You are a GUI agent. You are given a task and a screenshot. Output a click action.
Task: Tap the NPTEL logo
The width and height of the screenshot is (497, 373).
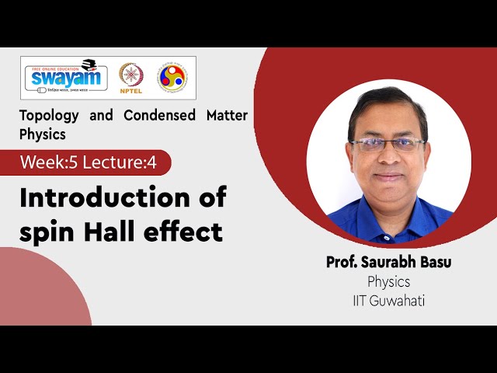click(x=130, y=77)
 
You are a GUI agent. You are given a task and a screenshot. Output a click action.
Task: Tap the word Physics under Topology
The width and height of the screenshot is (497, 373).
click(x=43, y=134)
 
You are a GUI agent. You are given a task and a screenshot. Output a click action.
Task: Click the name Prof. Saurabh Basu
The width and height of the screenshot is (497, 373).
click(x=388, y=263)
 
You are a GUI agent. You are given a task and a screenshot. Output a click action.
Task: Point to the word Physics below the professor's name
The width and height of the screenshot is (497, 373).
click(x=388, y=281)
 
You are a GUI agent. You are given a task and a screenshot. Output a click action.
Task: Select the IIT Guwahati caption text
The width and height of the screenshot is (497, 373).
click(x=388, y=299)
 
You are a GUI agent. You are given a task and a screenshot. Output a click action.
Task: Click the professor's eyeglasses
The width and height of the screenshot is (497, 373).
click(x=387, y=144)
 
